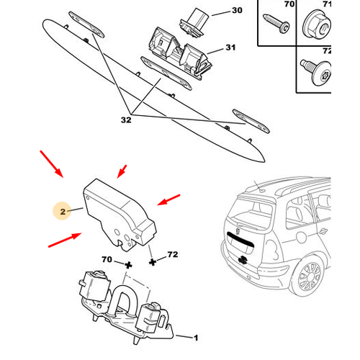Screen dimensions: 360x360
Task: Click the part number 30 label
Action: click(x=237, y=10)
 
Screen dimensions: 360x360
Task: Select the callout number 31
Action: click(x=230, y=48)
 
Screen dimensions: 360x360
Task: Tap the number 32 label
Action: click(x=126, y=120)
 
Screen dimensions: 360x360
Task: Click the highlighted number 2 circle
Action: click(x=63, y=211)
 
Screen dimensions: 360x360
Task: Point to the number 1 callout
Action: click(x=196, y=338)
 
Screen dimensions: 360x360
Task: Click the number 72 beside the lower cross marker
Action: click(x=173, y=254)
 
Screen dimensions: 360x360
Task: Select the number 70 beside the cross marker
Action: click(x=107, y=259)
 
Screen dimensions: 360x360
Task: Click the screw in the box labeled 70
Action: click(x=276, y=24)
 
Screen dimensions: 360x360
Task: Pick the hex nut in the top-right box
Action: click(x=317, y=24)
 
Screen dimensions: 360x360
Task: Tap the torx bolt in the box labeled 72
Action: click(x=316, y=71)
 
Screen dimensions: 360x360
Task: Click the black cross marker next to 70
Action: click(x=128, y=265)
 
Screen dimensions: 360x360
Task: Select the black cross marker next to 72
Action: click(x=153, y=262)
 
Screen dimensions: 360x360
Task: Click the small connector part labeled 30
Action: click(x=194, y=22)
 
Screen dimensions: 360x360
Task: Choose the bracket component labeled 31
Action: click(x=179, y=53)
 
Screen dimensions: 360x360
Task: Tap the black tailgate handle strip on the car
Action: click(x=240, y=240)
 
